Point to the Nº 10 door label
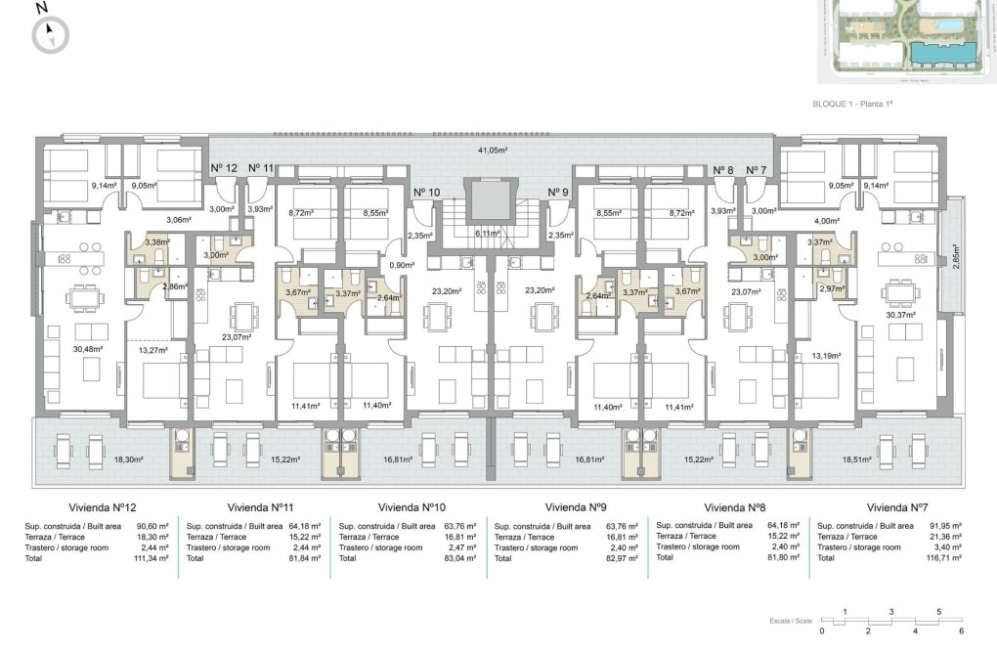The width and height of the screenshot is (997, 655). coord(427,192)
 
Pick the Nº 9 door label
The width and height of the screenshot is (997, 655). coord(557,192)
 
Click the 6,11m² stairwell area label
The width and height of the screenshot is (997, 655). coord(488,234)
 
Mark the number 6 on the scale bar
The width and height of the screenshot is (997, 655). coord(962,631)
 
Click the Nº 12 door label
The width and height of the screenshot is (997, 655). coord(224,168)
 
